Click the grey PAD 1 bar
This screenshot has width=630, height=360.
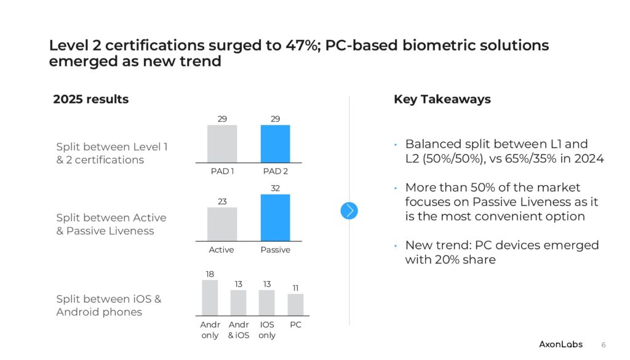click(221, 143)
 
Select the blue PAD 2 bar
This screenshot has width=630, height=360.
click(275, 143)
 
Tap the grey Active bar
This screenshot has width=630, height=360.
click(221, 224)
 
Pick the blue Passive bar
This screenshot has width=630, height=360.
click(275, 218)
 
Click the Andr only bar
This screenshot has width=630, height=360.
click(210, 298)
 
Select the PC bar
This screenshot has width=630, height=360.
click(295, 304)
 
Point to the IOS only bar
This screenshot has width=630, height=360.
click(266, 302)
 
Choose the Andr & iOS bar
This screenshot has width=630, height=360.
click(238, 302)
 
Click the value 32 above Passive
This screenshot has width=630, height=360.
click(276, 188)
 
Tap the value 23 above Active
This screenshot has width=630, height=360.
click(221, 201)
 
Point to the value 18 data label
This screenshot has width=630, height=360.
click(210, 274)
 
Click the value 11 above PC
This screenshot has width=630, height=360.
click(295, 288)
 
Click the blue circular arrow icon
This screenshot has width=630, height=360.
click(349, 210)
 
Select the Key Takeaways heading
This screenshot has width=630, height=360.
click(442, 99)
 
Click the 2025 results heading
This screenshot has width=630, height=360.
click(91, 99)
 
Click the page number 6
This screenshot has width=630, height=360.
click(604, 344)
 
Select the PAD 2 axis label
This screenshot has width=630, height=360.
click(275, 171)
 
